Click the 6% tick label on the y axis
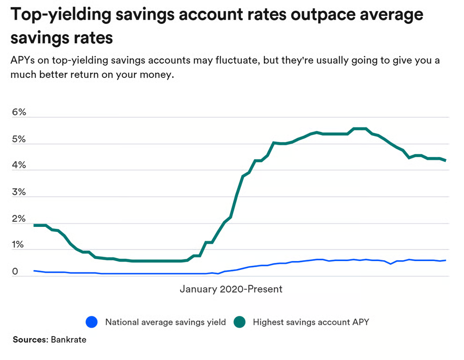coord(19,113)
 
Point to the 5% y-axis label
coord(19,140)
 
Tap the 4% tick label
coord(19,166)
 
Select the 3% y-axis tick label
coord(19,192)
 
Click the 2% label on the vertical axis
coord(19,219)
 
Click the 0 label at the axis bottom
coord(15,272)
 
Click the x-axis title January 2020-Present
coord(231,289)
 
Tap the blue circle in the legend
coord(92,322)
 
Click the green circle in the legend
coord(240,322)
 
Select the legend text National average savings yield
coord(165,322)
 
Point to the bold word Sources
coord(30,340)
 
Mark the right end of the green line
coord(445,160)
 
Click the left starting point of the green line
coord(34,225)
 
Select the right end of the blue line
coord(445,260)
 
